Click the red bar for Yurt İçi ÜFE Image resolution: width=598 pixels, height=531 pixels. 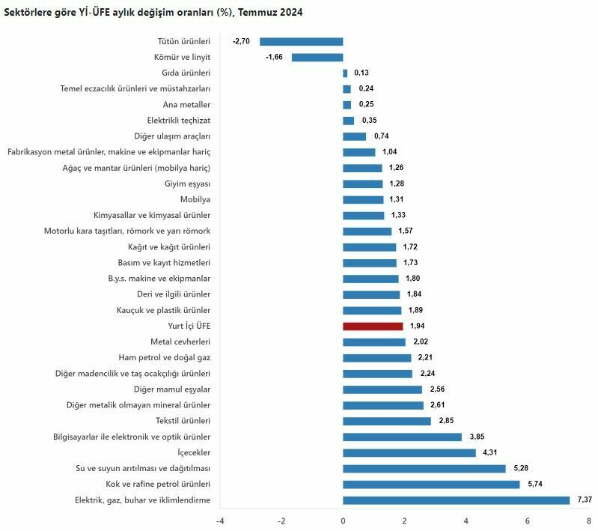pos(373,327)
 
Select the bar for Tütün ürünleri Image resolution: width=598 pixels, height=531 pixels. pos(301,42)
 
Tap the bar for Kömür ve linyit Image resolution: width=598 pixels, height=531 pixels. pos(317,58)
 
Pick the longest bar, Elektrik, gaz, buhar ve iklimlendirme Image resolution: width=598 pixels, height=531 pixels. pos(456,500)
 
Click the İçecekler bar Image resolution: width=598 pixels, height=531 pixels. pos(409,453)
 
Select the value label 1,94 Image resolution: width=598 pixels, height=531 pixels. pos(418,327)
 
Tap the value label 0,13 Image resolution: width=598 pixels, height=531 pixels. pos(361,73)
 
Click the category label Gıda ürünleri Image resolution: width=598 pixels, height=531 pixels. pos(186,73)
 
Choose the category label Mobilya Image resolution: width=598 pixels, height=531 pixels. pos(195,200)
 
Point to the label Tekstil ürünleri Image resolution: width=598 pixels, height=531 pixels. pos(183,421)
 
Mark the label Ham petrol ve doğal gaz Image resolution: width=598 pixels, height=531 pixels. pos(165,358)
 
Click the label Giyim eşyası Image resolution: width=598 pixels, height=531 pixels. pos(187,184)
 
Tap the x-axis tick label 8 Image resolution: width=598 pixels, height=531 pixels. pos(589,521)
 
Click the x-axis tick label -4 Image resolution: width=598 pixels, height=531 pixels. pos(220,521)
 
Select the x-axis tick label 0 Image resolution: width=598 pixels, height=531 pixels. pos(343,521)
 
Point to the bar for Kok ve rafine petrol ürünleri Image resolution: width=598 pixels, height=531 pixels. pos(431,485)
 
